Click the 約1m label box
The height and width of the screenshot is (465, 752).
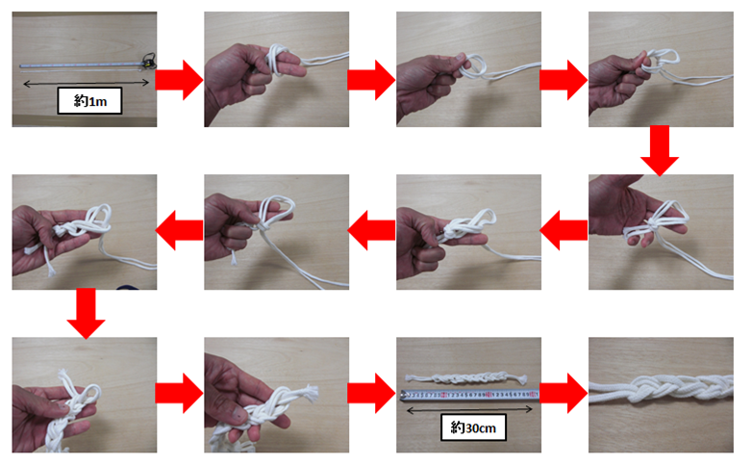click(x=89, y=100)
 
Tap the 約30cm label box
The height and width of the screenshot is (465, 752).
click(x=473, y=427)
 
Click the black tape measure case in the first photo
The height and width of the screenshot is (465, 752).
click(x=149, y=61)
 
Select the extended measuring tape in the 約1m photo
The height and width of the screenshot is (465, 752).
click(x=82, y=65)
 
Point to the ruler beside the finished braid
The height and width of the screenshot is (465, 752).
click(x=469, y=395)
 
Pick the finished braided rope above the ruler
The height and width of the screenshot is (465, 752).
click(x=465, y=379)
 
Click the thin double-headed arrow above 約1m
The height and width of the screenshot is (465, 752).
click(x=87, y=84)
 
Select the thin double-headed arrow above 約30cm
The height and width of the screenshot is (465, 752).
click(x=469, y=410)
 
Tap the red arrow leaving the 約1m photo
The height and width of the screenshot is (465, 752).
click(x=180, y=80)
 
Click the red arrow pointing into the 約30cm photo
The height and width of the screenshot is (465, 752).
click(x=372, y=394)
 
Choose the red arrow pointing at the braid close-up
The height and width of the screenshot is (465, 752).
click(x=564, y=394)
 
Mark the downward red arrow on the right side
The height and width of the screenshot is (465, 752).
click(x=660, y=150)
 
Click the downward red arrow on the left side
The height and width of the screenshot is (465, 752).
click(x=86, y=313)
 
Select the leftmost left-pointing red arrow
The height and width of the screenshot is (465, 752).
click(x=180, y=230)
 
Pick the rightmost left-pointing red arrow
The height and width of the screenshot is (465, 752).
click(x=564, y=230)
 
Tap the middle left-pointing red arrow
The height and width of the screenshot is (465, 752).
click(x=372, y=230)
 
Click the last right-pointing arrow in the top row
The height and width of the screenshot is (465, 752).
click(x=564, y=80)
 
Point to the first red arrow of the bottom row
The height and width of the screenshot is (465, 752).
click(x=180, y=394)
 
